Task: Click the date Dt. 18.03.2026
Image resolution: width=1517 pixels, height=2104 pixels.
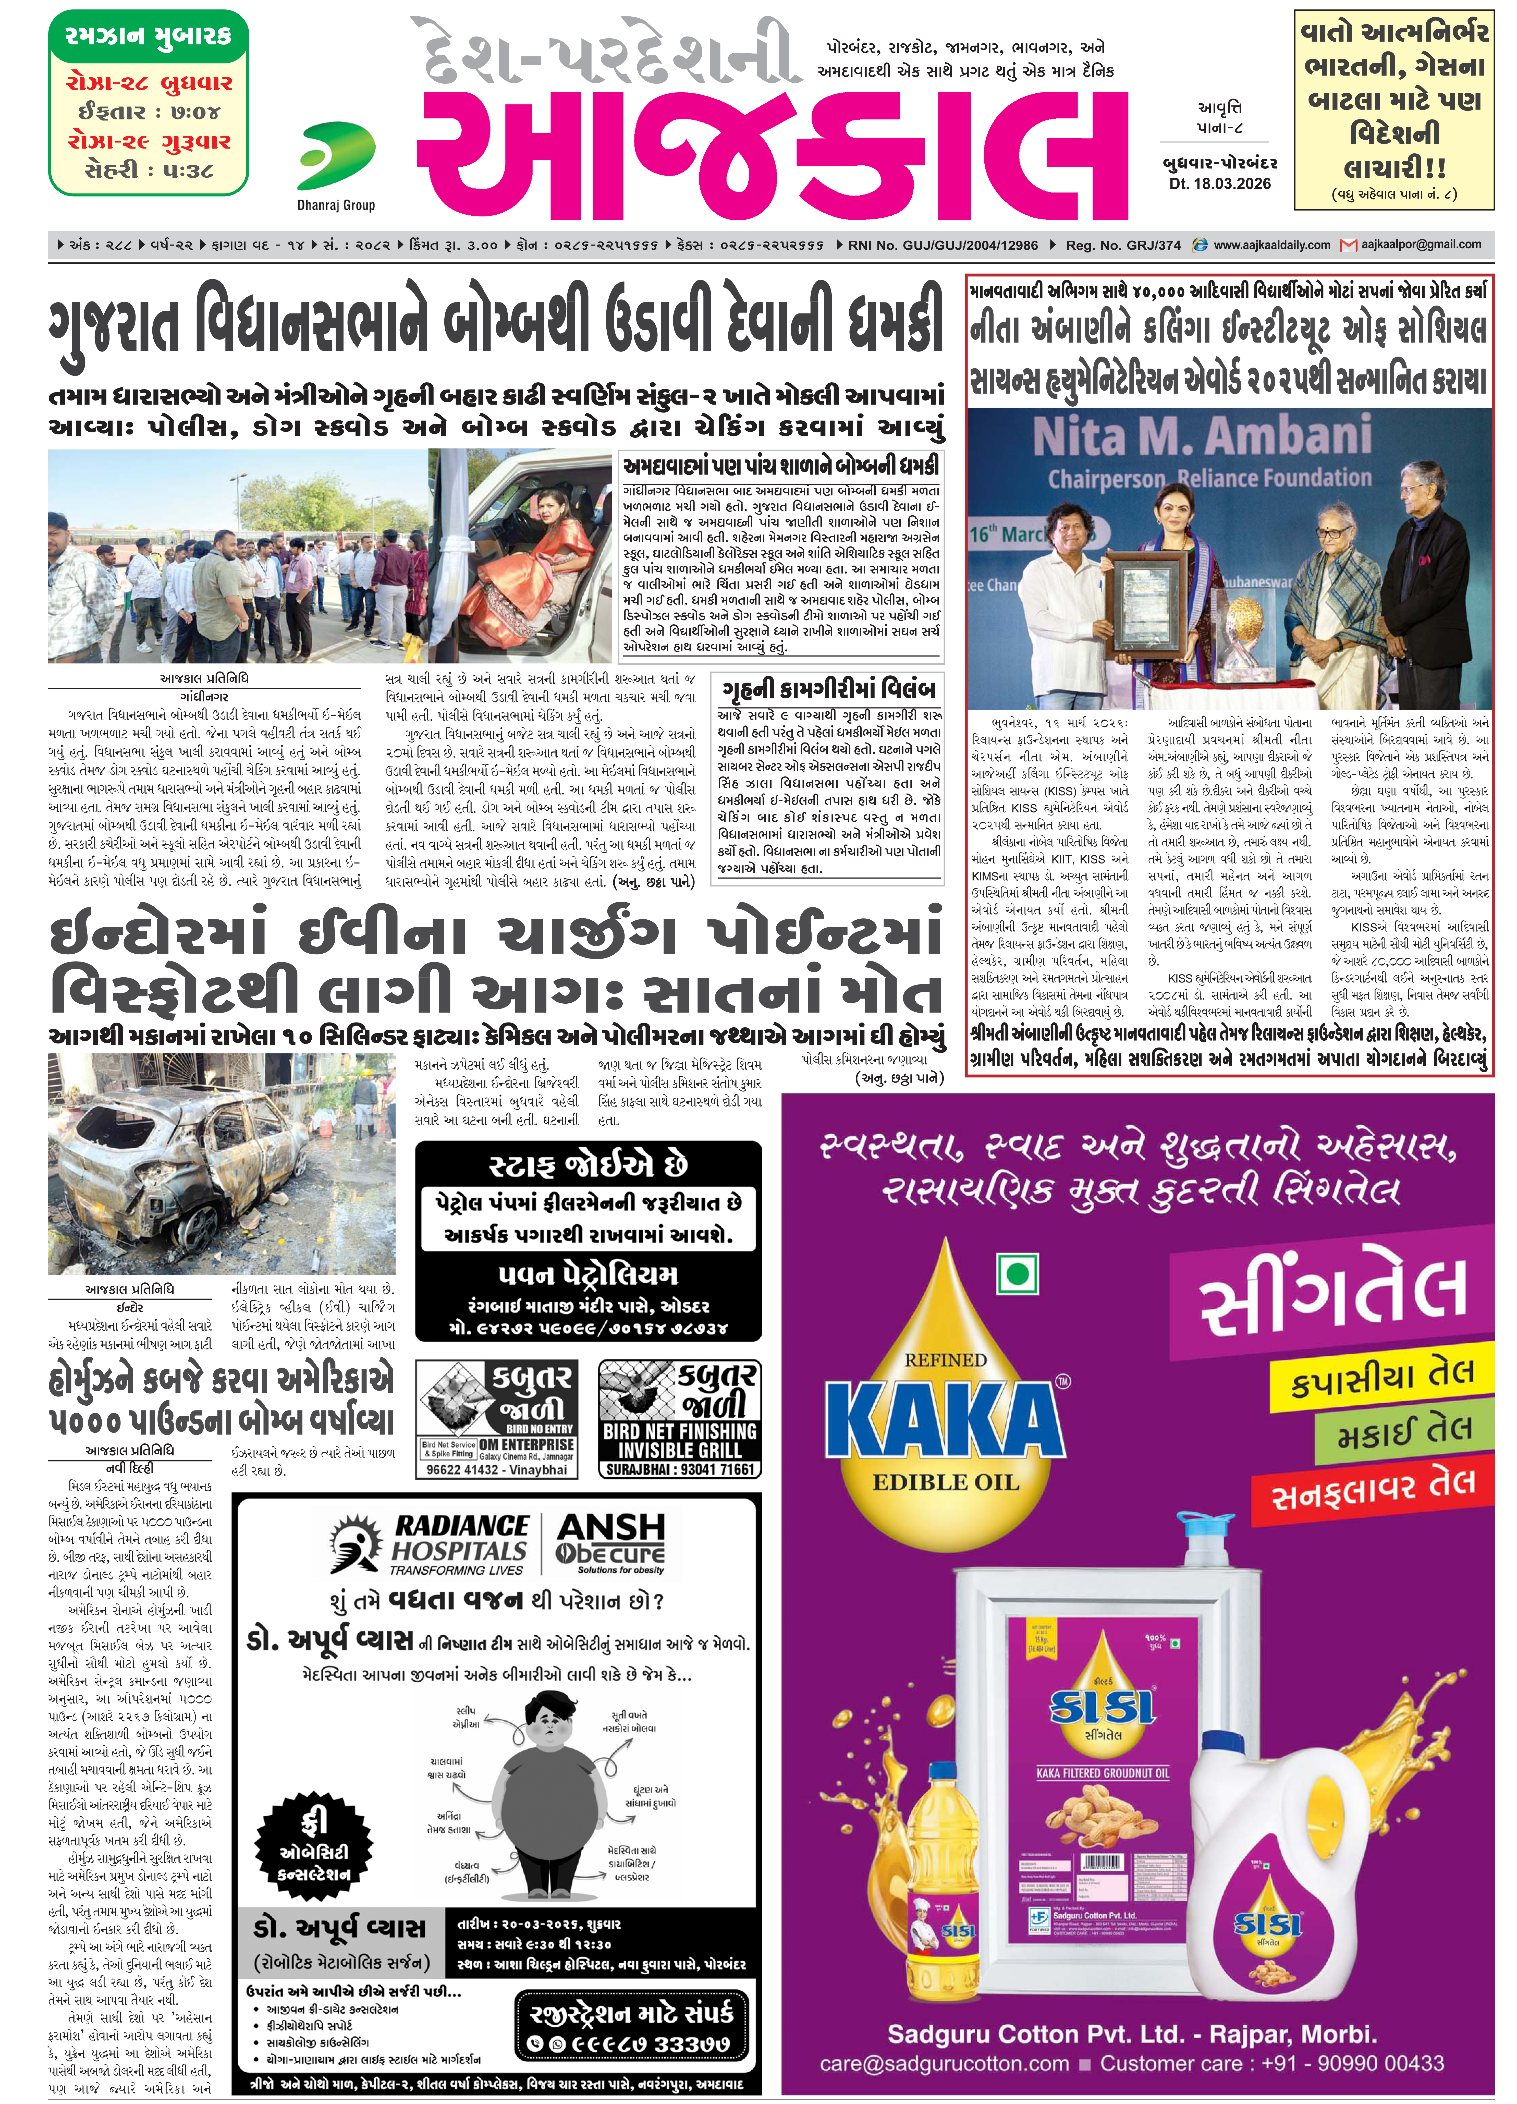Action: click(x=1219, y=184)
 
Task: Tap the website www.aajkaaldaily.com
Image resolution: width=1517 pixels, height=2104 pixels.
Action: click(x=1271, y=245)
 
